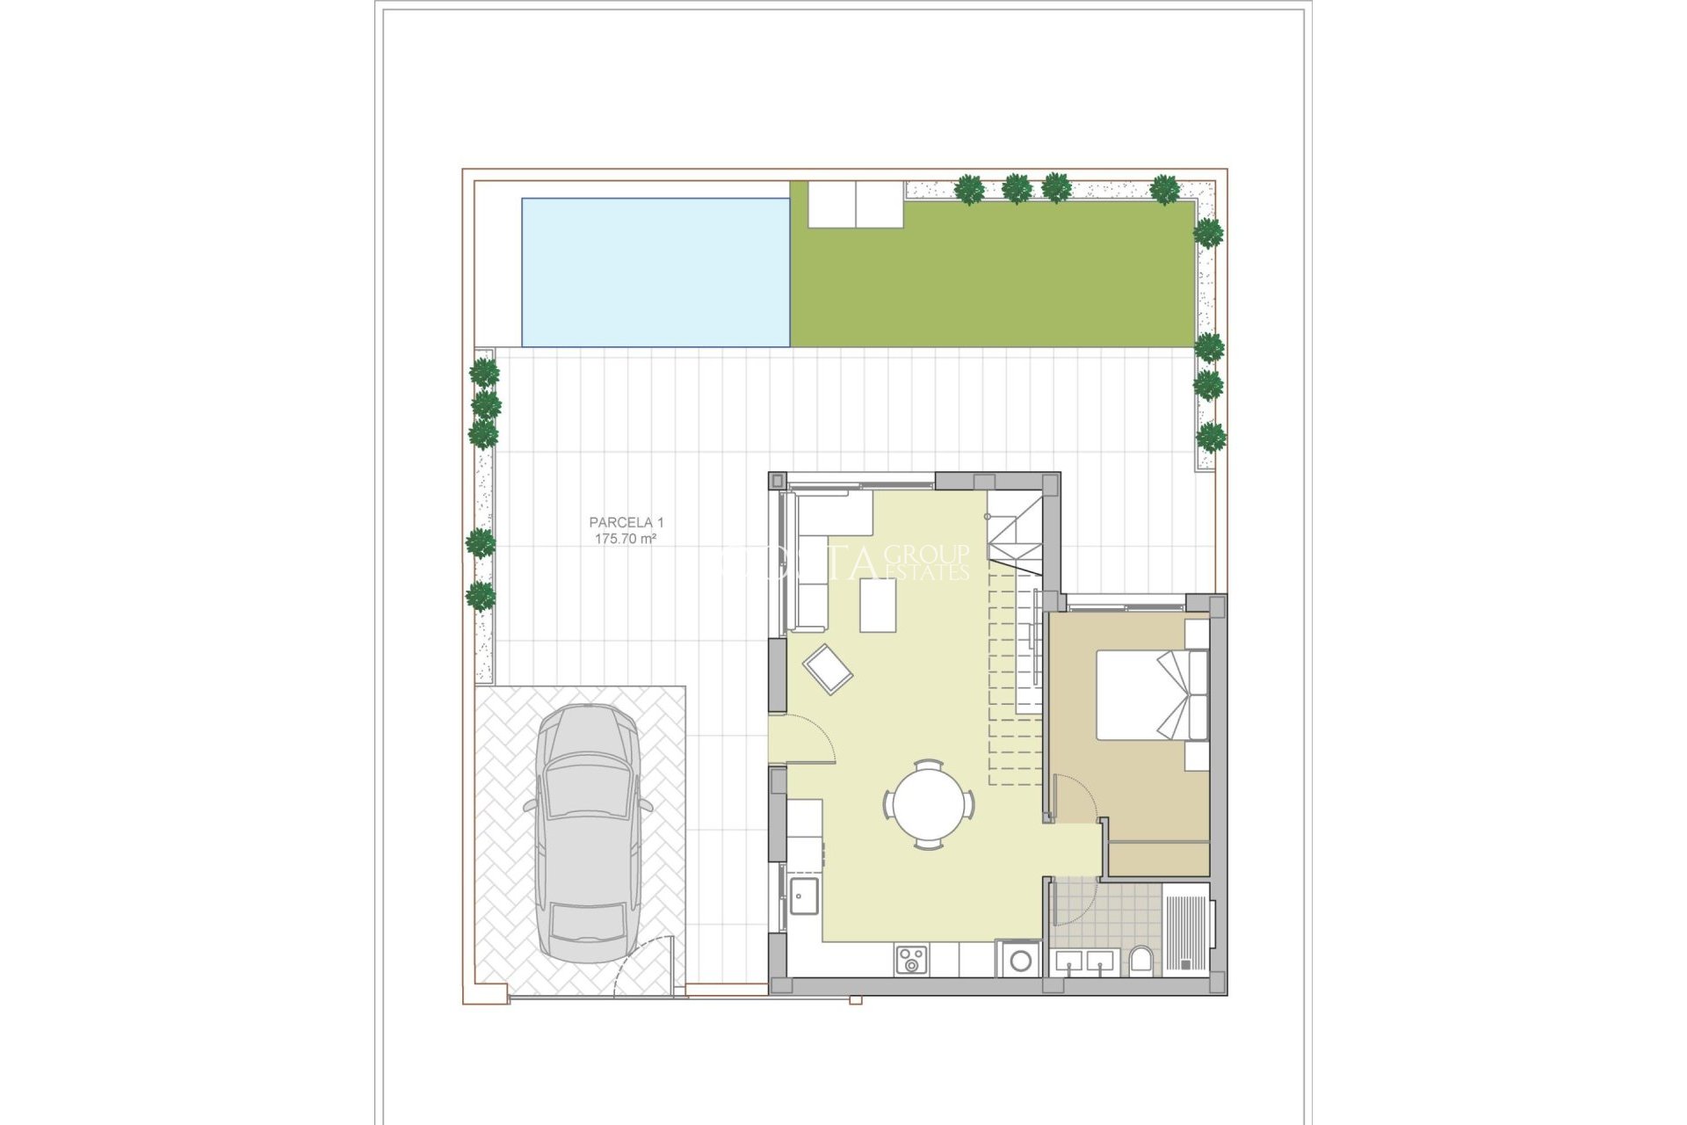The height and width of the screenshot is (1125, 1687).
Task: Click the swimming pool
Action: click(x=655, y=272)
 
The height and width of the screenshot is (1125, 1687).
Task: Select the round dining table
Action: click(x=929, y=804)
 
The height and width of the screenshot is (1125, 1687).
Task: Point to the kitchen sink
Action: click(x=803, y=896)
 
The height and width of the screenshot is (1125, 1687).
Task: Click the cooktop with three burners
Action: click(x=911, y=959)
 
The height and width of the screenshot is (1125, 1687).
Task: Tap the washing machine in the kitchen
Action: click(x=1020, y=960)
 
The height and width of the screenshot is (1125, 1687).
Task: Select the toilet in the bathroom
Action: click(x=1141, y=961)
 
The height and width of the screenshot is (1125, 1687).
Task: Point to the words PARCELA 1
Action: click(x=626, y=523)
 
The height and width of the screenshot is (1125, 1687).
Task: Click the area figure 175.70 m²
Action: click(x=626, y=539)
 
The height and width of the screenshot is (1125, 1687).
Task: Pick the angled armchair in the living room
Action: click(x=828, y=669)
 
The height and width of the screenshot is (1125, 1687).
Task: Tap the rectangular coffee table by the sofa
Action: click(x=878, y=605)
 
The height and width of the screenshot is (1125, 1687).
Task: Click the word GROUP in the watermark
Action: click(x=927, y=554)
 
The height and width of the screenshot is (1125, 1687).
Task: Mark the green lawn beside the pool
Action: click(x=993, y=281)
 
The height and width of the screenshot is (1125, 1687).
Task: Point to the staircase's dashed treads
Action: click(x=1015, y=677)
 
